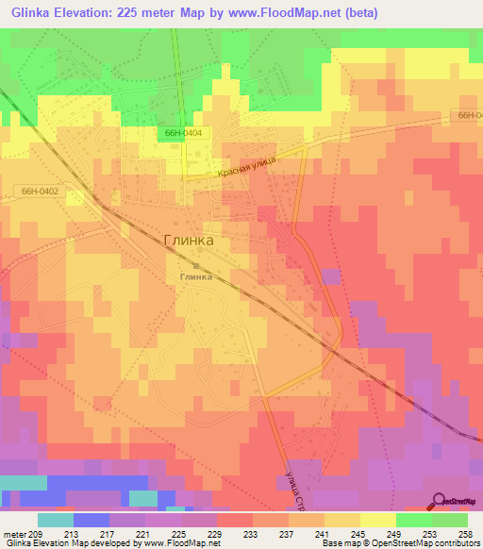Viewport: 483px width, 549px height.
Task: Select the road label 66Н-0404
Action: pos(179,134)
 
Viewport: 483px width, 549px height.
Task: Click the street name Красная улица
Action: pos(245,168)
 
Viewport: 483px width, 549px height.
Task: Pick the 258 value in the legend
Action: pos(466,533)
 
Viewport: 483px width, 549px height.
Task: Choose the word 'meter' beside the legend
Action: pos(15,533)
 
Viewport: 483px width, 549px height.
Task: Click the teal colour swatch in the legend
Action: pos(55,520)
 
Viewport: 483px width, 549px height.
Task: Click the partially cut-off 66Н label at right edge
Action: pos(470,115)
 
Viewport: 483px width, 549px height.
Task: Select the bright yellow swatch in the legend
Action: pos(377,520)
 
